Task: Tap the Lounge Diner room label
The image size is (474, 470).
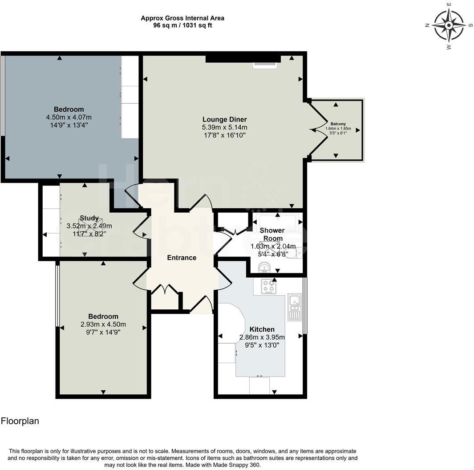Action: point(224,119)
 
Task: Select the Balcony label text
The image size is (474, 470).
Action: point(338,124)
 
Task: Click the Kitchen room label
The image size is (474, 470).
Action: point(262,329)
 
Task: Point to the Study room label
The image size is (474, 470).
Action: point(89,218)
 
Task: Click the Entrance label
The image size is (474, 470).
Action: point(182,258)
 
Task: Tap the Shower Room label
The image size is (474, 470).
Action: point(272,235)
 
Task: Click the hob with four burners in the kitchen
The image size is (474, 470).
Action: point(268,286)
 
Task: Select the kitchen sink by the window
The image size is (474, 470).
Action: point(294,307)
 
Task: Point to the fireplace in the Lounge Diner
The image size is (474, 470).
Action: point(265,65)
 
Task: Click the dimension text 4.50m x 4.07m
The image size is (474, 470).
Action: point(69,117)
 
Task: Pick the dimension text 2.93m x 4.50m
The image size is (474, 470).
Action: point(103,324)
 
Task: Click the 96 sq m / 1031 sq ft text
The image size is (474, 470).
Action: point(182,25)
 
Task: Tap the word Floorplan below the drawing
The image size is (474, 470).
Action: point(20,421)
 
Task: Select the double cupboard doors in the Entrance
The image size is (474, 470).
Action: point(165,290)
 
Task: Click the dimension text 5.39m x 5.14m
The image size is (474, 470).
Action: point(224,127)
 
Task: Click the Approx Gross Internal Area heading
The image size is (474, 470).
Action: point(182,18)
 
